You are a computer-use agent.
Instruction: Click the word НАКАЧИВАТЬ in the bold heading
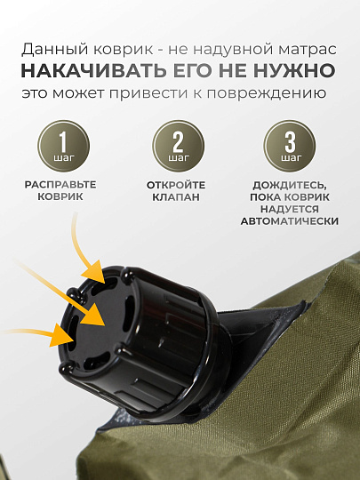point(94,71)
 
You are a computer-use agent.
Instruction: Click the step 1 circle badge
point(64,146)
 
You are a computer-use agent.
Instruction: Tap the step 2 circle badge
point(179,146)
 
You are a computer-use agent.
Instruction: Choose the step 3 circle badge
point(290,146)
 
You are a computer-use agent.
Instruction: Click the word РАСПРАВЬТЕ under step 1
point(60,185)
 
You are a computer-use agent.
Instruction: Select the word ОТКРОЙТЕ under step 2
point(176,185)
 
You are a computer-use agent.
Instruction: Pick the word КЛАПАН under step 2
point(176,196)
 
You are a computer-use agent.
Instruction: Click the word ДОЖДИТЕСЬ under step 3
point(288,186)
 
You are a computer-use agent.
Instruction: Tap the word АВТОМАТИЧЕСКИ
point(290,221)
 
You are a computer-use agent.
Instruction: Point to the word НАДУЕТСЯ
point(290,210)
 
